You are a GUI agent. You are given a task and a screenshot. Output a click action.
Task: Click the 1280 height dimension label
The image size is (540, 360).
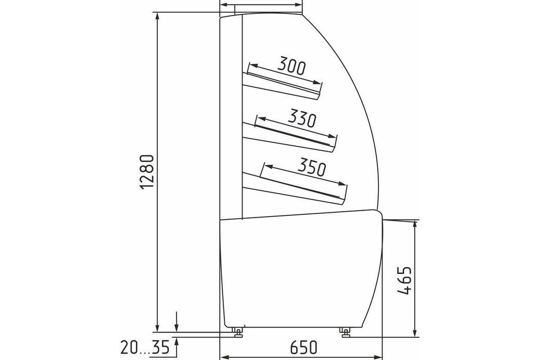click(147, 172)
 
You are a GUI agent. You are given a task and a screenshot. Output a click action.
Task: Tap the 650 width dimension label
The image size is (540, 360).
click(303, 347)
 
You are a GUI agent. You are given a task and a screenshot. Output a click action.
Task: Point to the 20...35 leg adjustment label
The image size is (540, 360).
click(145, 347)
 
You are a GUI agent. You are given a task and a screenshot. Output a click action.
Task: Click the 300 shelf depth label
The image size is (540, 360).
click(292, 65)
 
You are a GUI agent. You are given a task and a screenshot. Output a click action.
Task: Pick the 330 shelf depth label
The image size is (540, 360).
click(302, 118)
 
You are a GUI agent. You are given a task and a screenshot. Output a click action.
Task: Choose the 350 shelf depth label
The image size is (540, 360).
click(312, 167)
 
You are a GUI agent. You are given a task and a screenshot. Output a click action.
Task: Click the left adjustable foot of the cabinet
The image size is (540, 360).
click(238, 332)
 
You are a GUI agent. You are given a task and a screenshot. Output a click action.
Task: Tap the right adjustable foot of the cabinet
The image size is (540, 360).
click(346, 332)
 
